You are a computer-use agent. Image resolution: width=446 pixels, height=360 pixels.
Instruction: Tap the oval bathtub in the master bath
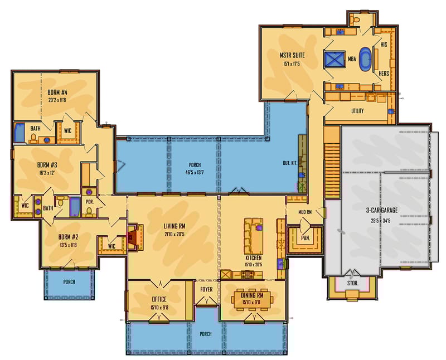click(x=366, y=58)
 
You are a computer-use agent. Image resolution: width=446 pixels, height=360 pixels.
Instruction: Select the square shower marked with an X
click(x=336, y=59)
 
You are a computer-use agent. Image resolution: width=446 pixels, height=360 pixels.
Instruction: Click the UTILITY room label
click(x=357, y=111)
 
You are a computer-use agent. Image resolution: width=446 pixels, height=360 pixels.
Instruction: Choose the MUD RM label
click(x=305, y=212)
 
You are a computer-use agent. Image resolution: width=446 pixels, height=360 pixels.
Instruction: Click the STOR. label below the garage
click(x=352, y=283)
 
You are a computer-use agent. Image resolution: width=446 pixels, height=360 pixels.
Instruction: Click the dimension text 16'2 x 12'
click(x=47, y=173)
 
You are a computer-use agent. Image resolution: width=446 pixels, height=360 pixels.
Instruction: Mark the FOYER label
click(x=207, y=289)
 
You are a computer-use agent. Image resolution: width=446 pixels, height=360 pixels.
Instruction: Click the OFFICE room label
click(x=159, y=299)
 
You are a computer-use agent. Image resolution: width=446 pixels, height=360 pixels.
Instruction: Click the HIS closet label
click(x=384, y=44)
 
